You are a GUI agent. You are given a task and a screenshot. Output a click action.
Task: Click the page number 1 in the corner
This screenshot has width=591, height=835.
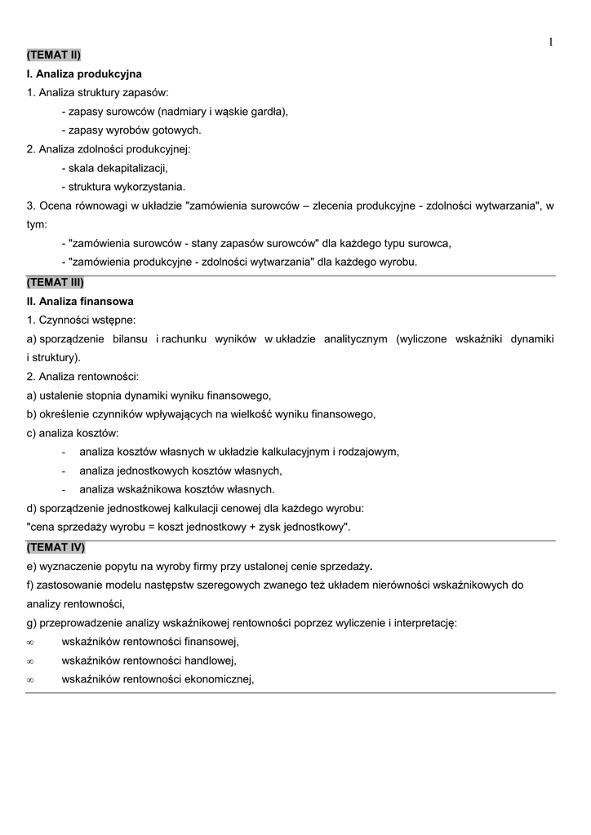(x=551, y=42)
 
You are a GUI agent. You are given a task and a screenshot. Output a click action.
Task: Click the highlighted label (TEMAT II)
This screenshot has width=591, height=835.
(x=54, y=55)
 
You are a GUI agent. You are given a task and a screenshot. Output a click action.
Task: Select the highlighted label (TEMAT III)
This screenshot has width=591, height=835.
(x=56, y=282)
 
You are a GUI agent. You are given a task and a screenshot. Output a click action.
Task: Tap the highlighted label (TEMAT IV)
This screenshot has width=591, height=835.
(x=56, y=547)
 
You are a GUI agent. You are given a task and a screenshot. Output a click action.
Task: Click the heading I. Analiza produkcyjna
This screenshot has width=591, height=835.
(x=84, y=74)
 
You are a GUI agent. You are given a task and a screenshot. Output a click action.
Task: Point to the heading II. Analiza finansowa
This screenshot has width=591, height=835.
(x=80, y=301)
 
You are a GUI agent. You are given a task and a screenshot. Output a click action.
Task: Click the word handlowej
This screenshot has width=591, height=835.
(x=210, y=660)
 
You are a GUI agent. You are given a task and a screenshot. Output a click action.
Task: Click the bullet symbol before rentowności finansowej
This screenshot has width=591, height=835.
(x=30, y=642)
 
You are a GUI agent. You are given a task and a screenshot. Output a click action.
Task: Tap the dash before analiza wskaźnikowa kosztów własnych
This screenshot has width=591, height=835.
(x=64, y=490)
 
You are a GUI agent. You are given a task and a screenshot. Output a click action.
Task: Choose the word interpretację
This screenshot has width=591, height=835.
(x=424, y=623)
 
